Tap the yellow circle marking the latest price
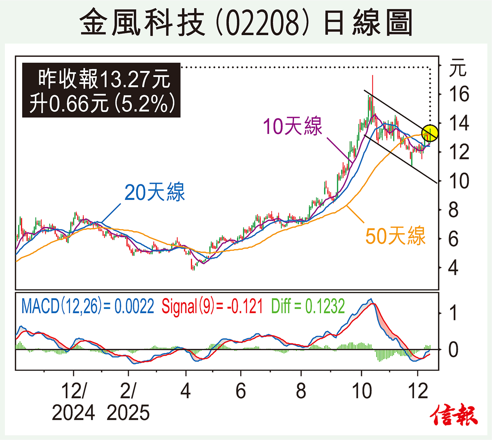(x=430, y=133)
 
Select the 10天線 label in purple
(x=292, y=126)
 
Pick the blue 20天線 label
(x=155, y=192)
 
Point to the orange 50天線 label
(x=395, y=236)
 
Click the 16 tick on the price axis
(x=459, y=94)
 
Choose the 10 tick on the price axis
(x=459, y=181)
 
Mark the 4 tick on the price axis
(x=453, y=268)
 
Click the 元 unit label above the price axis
(x=458, y=68)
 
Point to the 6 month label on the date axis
(x=241, y=391)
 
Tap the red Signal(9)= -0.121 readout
(x=212, y=306)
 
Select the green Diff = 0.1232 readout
(x=308, y=306)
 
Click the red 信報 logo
(x=454, y=416)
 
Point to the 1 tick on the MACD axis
(x=453, y=313)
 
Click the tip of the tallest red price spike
(x=372, y=75)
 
